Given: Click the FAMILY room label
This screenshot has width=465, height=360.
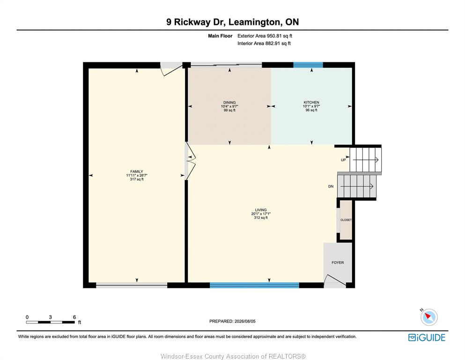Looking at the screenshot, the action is (137, 172).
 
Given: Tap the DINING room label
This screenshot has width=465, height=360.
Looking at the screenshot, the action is (229, 102).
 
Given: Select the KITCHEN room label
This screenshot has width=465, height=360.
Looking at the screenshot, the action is (311, 102).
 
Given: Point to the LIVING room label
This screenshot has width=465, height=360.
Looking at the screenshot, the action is (261, 210).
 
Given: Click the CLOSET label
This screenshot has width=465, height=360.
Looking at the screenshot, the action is (346, 220).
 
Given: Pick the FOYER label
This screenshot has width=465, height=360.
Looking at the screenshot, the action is (338, 262).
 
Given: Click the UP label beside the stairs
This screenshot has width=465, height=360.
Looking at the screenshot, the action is (343, 160).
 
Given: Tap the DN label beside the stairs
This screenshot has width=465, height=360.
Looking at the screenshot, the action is (331, 187).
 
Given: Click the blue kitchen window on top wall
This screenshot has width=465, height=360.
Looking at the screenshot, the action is (308, 65).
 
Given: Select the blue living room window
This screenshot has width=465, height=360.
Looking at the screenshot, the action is (254, 285).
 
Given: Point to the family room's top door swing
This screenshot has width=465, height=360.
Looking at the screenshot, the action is (171, 70).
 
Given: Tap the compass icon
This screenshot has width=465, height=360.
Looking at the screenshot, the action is (429, 317).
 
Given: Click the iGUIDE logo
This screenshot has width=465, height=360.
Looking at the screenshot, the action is (427, 337).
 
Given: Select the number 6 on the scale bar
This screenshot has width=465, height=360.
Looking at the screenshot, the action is (74, 317).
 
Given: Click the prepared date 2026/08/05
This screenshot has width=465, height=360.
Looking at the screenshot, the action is (244, 321).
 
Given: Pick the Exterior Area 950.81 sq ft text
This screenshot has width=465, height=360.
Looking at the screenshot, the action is (265, 36).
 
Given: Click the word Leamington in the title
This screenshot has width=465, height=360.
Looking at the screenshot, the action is (254, 22).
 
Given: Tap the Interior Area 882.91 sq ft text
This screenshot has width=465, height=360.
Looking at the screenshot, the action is (264, 43).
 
